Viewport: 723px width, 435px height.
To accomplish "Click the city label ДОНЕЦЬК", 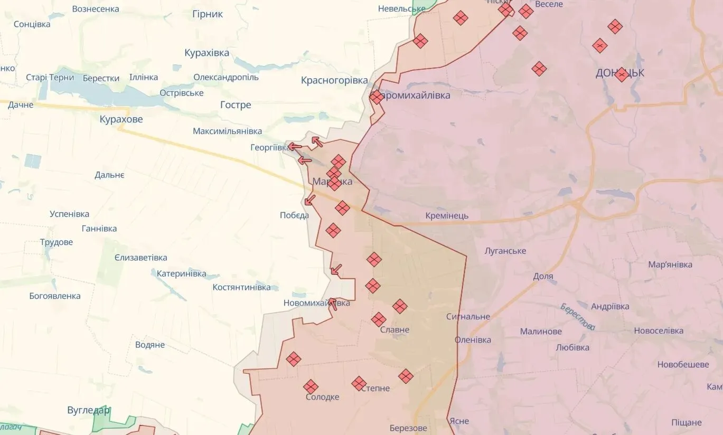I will (619, 73).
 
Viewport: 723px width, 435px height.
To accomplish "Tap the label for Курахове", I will (121, 119).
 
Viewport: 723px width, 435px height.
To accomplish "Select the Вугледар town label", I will (89, 410).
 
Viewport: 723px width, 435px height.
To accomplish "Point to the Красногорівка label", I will (334, 81).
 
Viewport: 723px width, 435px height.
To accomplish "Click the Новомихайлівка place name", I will (316, 303).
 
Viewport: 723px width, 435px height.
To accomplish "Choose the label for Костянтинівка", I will (241, 287).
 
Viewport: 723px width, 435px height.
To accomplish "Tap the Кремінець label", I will (447, 215).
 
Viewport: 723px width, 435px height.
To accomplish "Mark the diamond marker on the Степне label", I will (359, 383).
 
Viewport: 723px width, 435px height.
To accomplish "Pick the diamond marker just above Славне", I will (379, 319).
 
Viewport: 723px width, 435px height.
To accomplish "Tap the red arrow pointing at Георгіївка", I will (295, 147).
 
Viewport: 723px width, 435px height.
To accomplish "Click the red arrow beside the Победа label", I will (310, 200).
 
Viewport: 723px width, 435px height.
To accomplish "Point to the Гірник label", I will (208, 14).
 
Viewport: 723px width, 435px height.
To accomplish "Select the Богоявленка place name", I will (55, 296).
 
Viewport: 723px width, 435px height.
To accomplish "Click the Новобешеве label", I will (683, 365).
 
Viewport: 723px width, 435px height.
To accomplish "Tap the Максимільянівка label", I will (227, 131).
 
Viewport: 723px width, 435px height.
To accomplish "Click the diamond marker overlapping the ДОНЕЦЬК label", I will (622, 74).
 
